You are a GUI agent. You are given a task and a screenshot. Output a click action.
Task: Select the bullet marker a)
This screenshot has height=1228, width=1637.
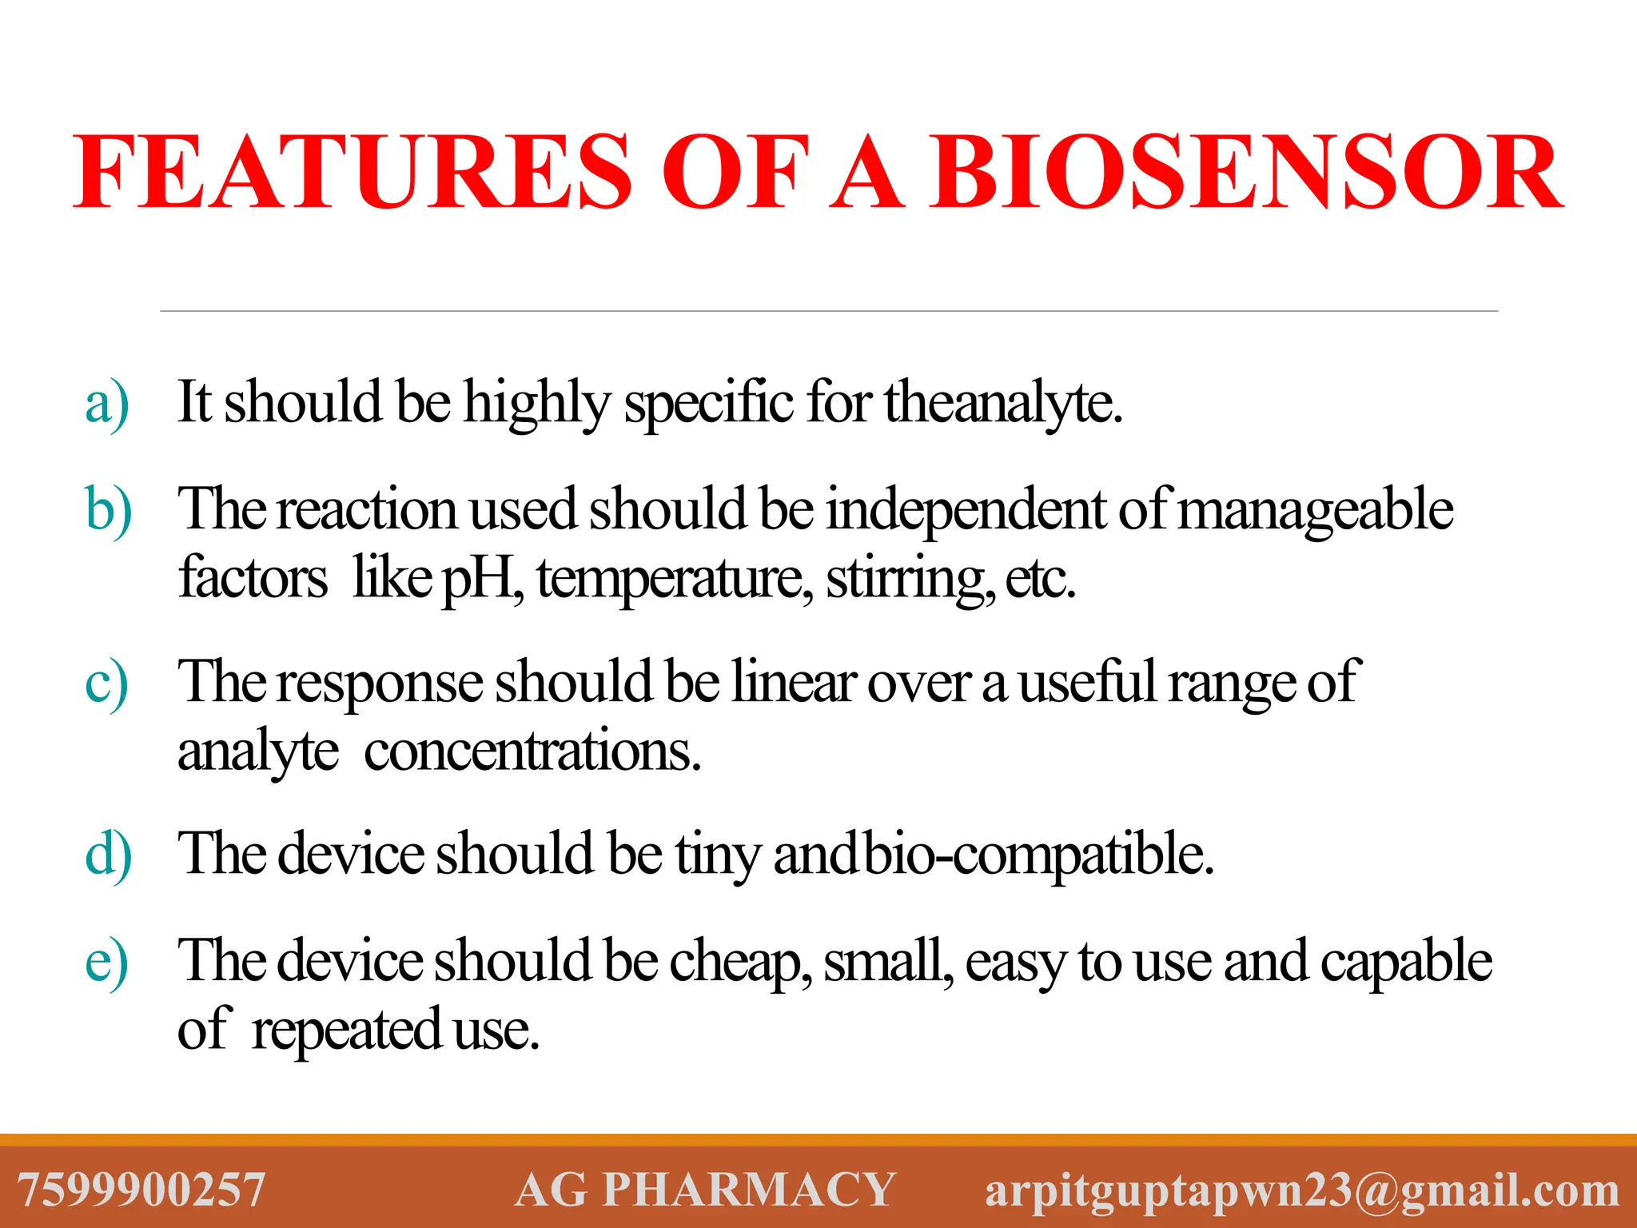pos(107,404)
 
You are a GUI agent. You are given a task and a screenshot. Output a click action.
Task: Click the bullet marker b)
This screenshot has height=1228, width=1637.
pos(109,512)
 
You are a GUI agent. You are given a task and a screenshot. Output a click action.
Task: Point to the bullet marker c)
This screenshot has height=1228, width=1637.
pos(107,684)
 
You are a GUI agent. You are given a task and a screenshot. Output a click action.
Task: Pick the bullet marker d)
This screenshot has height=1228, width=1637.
pos(109,856)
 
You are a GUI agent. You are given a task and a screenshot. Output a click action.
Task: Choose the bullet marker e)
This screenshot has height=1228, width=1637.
pos(107,963)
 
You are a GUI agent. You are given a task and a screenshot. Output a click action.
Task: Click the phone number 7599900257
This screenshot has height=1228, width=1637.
pos(141,1190)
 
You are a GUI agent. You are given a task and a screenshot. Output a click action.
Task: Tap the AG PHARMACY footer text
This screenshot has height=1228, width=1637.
pos(705,1190)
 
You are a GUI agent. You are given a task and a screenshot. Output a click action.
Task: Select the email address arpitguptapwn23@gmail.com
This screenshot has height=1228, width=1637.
pos(1302,1190)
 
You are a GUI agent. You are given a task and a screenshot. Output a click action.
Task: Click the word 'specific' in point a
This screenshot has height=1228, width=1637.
pos(709,404)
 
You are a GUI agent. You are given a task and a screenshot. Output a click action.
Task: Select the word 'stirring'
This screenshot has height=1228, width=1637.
pos(910,580)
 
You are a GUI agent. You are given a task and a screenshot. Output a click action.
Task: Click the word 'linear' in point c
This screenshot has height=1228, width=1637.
pos(794,683)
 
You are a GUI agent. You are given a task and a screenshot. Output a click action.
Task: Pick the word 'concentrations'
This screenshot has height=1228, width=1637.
pos(532,752)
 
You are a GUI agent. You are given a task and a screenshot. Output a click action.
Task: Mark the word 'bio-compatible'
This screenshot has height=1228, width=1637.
pos(1039,855)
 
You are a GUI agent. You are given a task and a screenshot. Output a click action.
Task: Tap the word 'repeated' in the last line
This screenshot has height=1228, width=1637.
pos(346,1031)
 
